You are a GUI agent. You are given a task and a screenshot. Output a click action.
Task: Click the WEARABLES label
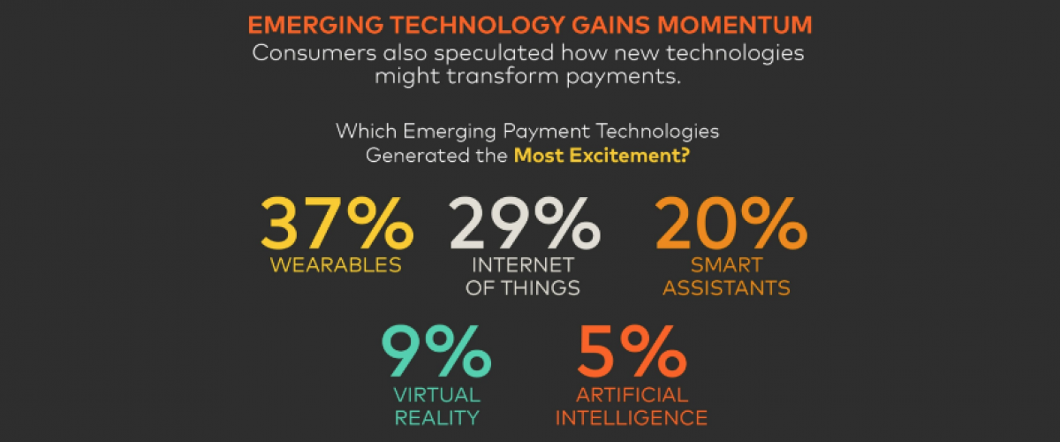[336, 264]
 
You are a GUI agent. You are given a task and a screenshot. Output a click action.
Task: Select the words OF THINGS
[525, 288]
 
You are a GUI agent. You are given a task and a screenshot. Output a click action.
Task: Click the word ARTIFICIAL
[631, 394]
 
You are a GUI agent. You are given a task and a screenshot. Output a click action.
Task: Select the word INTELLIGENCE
[631, 417]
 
